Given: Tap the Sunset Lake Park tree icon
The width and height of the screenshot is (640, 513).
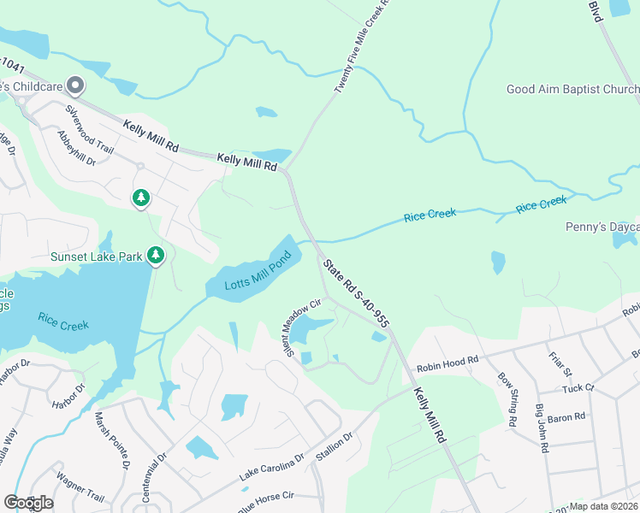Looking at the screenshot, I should (155, 255).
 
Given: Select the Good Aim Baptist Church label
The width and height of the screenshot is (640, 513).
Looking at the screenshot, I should (572, 89).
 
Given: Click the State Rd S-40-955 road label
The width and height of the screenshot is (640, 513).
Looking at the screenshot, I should (357, 292).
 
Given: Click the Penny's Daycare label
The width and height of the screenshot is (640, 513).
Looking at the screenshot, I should (602, 227).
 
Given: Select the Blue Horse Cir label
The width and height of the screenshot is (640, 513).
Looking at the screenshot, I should (266, 495).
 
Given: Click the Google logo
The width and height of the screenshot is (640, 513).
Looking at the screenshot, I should (28, 502).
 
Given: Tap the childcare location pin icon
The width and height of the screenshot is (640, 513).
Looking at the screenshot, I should (75, 85).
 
